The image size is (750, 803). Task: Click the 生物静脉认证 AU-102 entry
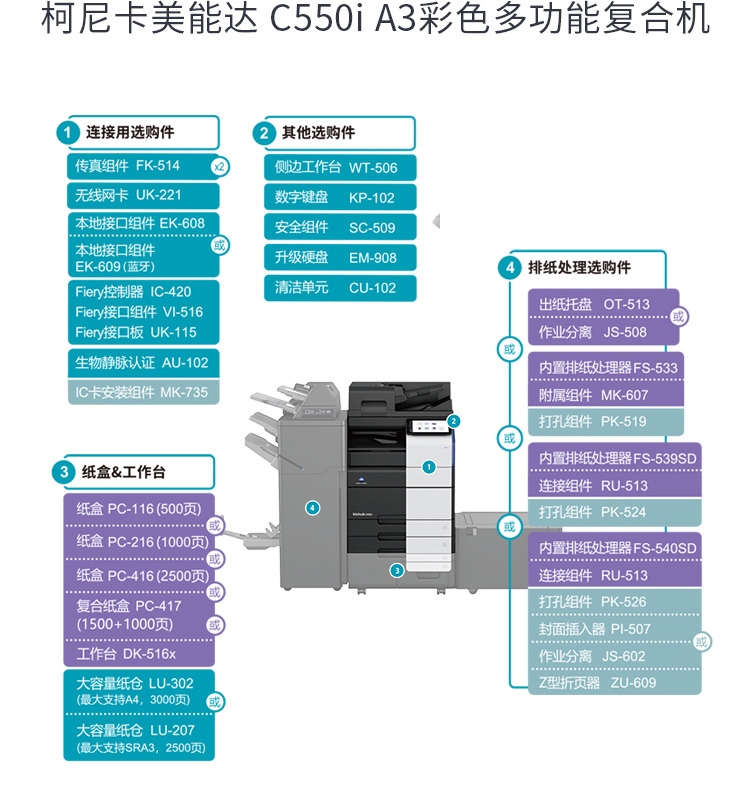pos(141,363)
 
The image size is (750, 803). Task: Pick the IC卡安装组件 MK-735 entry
pos(141,392)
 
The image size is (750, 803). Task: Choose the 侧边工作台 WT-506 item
pos(336,168)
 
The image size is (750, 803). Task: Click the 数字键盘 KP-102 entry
pos(336,198)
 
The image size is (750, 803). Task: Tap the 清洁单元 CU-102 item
pos(336,288)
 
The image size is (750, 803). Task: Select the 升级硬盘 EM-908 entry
pos(336,258)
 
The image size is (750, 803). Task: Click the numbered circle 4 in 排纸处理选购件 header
pos(510,268)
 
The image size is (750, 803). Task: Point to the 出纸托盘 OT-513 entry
pos(594,304)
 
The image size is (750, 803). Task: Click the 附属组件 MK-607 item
pos(594,395)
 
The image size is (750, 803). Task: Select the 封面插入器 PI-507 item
pos(594,629)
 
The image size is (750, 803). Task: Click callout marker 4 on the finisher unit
pos(313,508)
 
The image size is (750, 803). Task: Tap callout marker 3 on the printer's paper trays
pos(397,570)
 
